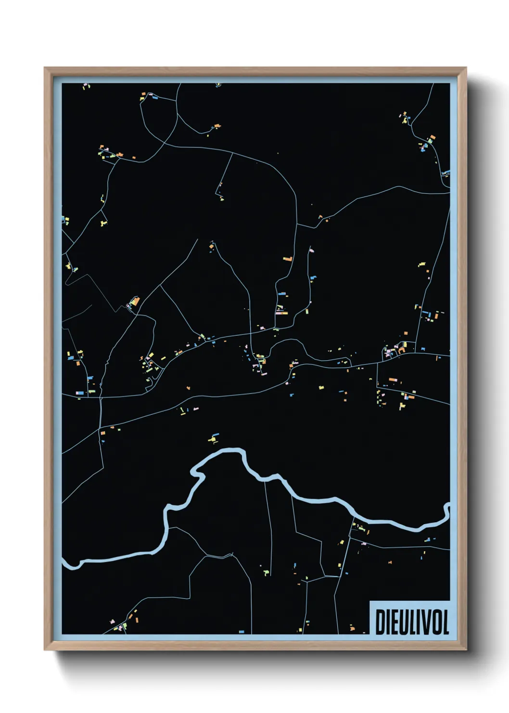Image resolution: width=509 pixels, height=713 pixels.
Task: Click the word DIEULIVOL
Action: (x=412, y=622)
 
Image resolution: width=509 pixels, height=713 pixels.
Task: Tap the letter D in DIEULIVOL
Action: (x=380, y=622)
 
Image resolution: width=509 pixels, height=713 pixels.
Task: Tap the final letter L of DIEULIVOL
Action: (x=445, y=622)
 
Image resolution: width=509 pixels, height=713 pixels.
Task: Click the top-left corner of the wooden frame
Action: (x=45, y=68)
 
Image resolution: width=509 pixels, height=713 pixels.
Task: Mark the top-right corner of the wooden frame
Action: (x=466, y=68)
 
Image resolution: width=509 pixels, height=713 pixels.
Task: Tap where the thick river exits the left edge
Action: (x=64, y=560)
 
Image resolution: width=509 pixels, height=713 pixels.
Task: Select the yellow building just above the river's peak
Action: (x=213, y=438)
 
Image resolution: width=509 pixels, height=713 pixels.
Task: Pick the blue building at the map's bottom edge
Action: (x=242, y=631)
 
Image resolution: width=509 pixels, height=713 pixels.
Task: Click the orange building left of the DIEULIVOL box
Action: (x=351, y=627)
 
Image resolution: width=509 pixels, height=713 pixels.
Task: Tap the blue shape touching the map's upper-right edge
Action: (x=446, y=172)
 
